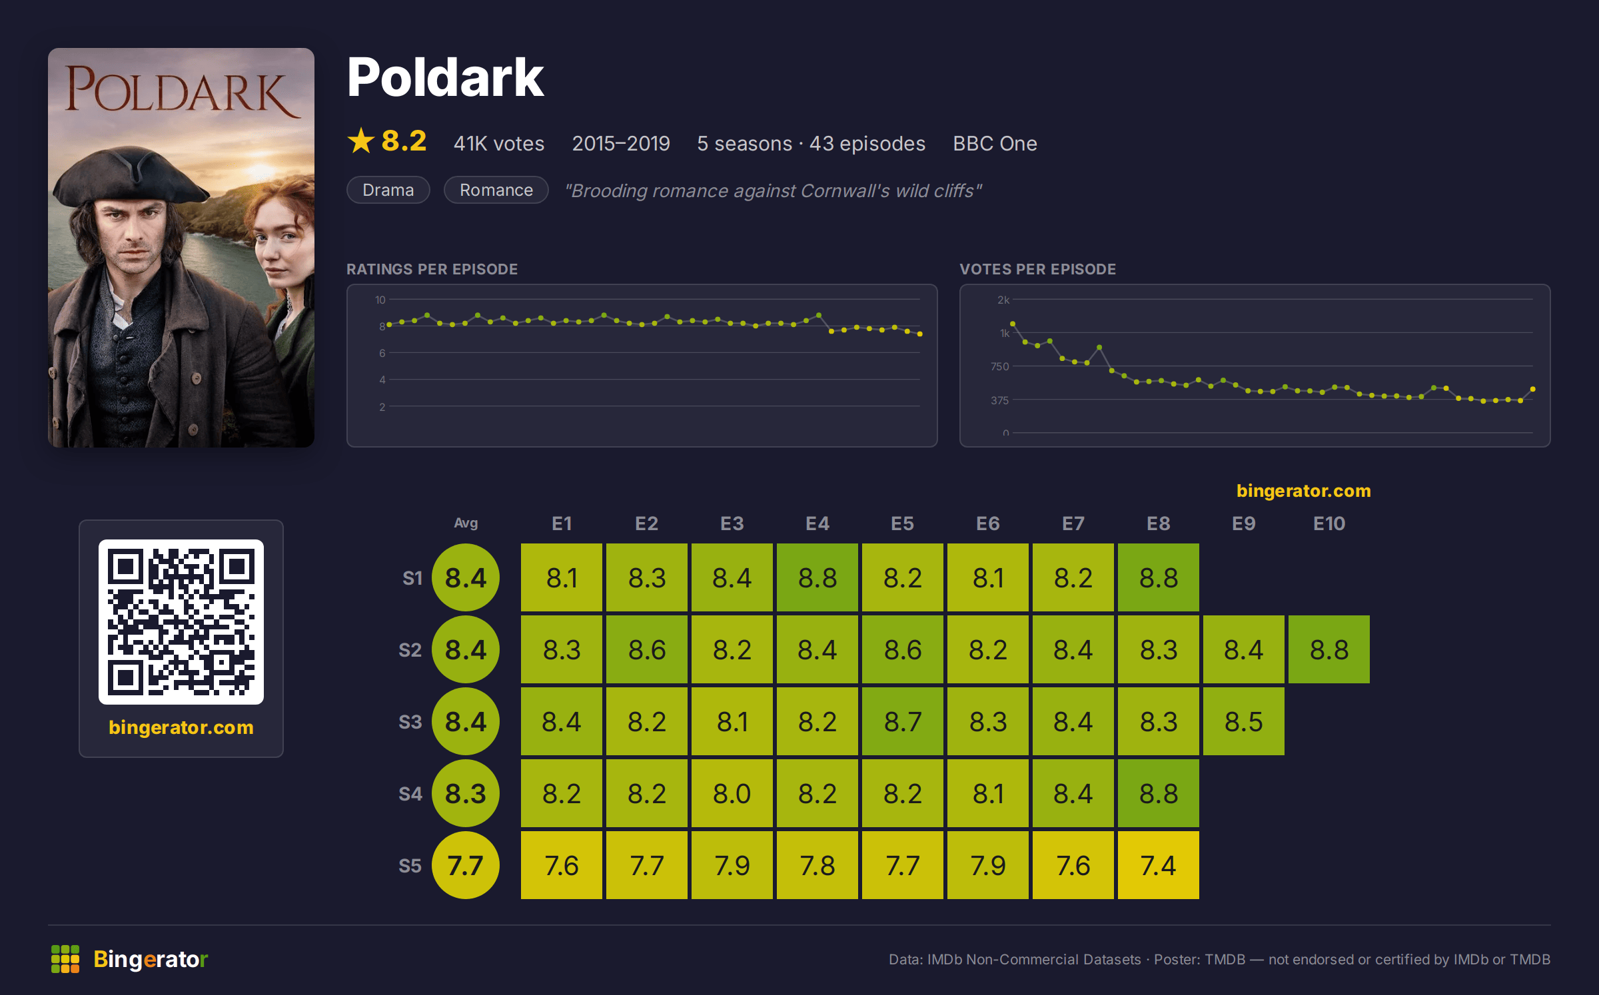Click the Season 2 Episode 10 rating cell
(x=1329, y=649)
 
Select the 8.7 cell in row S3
(x=902, y=721)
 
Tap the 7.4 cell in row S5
(x=1158, y=865)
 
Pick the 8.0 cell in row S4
(x=732, y=793)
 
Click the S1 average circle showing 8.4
(x=466, y=577)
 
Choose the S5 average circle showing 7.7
(x=466, y=865)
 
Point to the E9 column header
(x=1243, y=523)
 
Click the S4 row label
(x=410, y=794)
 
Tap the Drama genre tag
(x=388, y=190)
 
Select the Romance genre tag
(x=496, y=190)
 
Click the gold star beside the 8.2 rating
(x=361, y=141)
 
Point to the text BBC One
(x=995, y=143)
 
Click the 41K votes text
(x=499, y=143)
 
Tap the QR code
(x=181, y=622)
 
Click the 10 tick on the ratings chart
(x=380, y=300)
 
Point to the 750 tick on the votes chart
(x=999, y=366)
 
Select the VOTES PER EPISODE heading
(x=1037, y=269)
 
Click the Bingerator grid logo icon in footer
(x=65, y=959)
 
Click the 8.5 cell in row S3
(x=1243, y=721)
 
